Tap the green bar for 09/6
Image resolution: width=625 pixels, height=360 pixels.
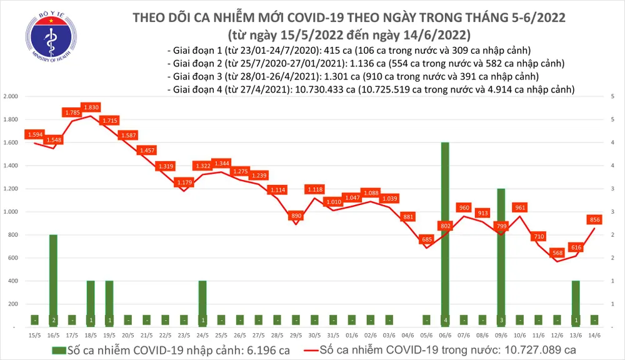501,256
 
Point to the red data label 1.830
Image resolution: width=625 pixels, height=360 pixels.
91,107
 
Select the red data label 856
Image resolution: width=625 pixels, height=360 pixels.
594,219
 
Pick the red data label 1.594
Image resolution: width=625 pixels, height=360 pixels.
35,134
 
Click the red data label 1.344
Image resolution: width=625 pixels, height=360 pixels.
222,163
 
